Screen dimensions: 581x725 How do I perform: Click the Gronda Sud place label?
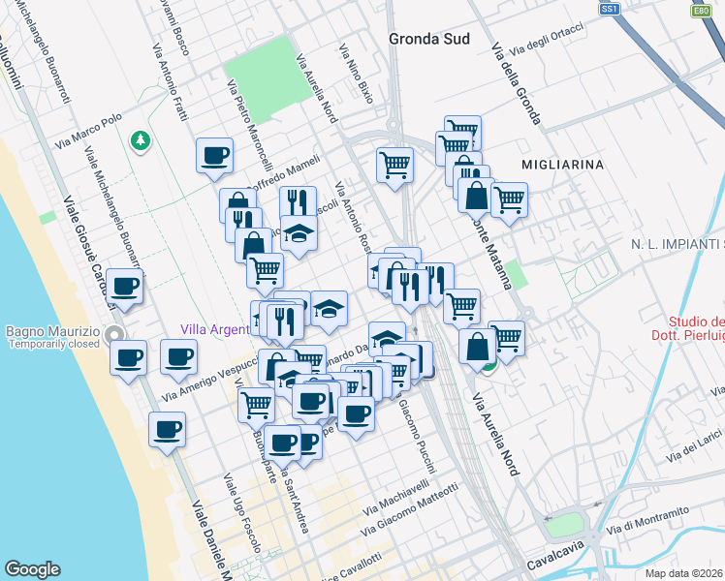click(428, 40)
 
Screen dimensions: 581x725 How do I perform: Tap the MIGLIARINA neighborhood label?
click(562, 165)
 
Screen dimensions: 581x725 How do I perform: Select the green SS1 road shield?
click(609, 9)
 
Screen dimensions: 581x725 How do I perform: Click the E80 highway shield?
click(701, 11)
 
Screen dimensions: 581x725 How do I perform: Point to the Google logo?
click(32, 569)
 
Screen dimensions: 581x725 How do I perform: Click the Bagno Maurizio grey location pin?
click(115, 336)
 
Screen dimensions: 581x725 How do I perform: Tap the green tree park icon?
click(142, 141)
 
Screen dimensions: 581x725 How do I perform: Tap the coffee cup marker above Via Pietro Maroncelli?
click(214, 155)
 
